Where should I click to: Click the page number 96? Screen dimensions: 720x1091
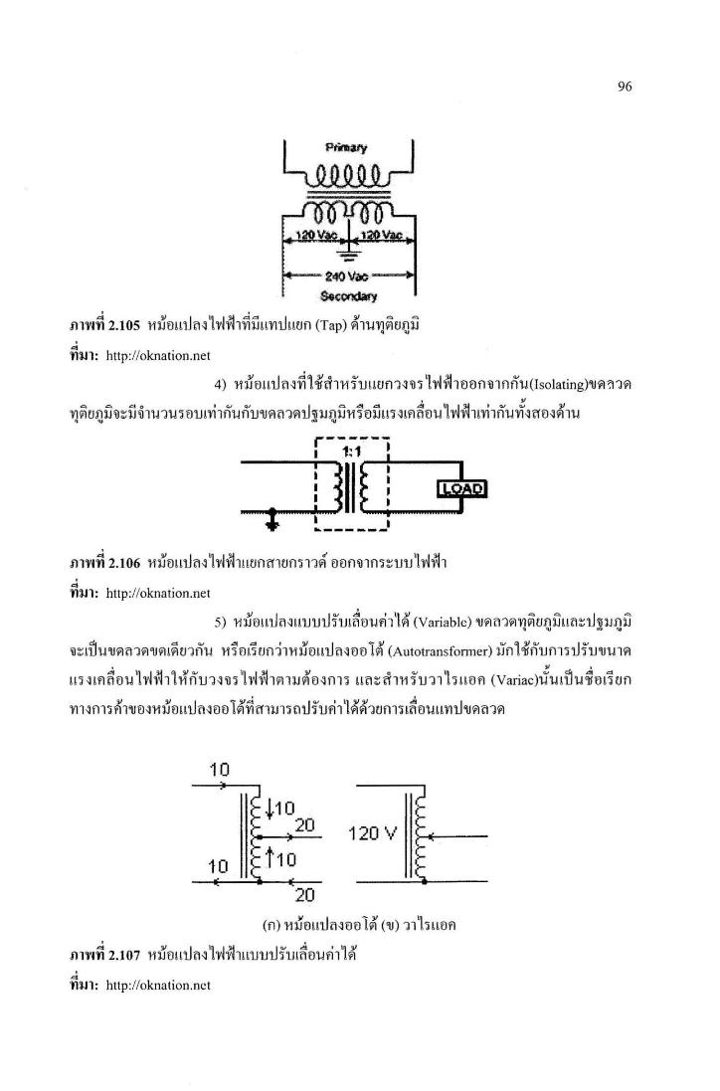point(624,87)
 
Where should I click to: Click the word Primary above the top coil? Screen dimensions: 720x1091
point(346,147)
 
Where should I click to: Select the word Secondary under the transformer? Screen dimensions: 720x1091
point(348,296)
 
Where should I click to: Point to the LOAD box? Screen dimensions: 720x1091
point(461,489)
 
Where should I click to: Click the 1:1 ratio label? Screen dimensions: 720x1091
point(351,451)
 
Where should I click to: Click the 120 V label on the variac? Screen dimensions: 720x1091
point(372,832)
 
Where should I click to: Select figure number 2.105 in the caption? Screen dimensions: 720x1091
point(124,325)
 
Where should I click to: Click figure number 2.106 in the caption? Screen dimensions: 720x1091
point(124,563)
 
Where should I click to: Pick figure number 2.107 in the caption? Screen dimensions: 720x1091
point(124,956)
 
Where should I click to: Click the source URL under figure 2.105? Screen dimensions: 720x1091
point(158,356)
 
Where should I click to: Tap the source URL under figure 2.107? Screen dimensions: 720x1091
point(158,986)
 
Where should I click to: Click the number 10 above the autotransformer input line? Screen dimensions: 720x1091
point(219,770)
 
